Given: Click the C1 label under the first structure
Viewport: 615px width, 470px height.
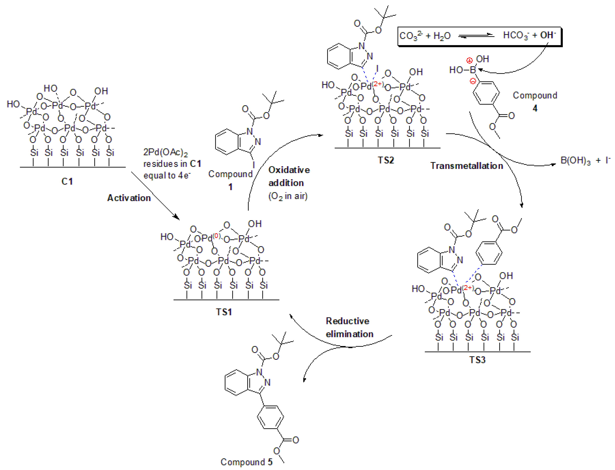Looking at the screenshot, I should (x=67, y=181).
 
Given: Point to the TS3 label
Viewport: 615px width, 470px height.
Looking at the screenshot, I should (x=477, y=360).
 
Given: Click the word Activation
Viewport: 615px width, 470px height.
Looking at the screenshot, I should (x=129, y=198).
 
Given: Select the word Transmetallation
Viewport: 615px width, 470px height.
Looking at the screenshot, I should (x=466, y=166).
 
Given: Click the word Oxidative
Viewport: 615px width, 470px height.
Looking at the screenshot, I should (x=289, y=170).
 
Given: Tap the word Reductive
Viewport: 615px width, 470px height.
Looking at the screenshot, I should (x=347, y=321).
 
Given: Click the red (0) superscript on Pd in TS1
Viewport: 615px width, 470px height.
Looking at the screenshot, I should (x=217, y=236).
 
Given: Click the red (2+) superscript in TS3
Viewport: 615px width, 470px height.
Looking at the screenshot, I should (x=468, y=288).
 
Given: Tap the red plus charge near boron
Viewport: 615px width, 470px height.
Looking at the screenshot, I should (x=470, y=60).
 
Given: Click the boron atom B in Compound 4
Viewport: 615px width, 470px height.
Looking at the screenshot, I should (x=473, y=70).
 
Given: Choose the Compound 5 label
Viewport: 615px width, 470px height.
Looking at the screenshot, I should (x=246, y=462).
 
